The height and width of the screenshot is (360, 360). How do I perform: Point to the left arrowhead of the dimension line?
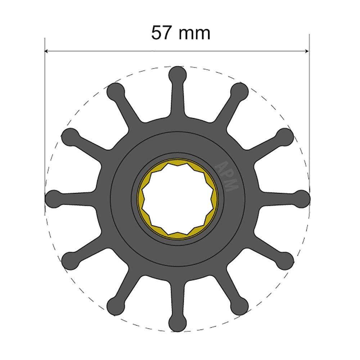point(47,51)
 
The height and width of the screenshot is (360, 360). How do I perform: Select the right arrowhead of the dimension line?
point(307,51)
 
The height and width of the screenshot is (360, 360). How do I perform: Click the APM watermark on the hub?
point(227,176)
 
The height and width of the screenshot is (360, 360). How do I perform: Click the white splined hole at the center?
point(178,199)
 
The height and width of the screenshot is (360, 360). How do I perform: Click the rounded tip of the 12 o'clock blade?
point(178,75)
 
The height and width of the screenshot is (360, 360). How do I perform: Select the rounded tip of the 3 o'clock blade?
point(301,198)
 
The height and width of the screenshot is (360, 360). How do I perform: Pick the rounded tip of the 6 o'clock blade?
point(178,323)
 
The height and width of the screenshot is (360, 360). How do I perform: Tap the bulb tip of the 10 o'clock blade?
point(71,136)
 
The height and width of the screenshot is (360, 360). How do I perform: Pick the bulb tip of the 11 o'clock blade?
point(116,91)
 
